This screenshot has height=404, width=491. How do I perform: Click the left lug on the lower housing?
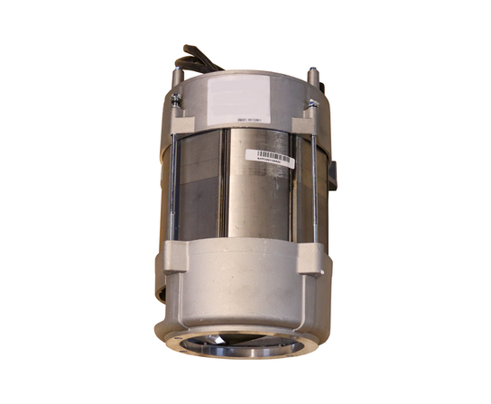pyautogui.click(x=174, y=259)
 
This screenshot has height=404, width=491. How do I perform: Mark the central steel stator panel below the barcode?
pyautogui.click(x=260, y=203)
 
